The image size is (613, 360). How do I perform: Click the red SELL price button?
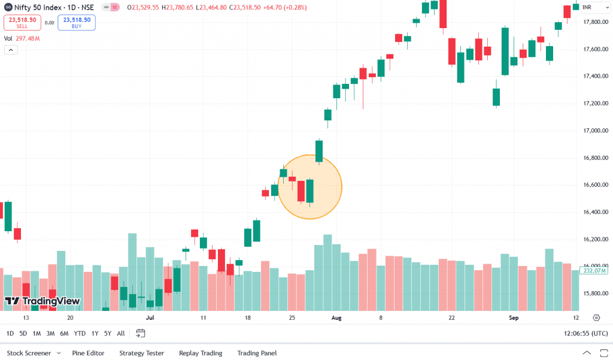point(22,23)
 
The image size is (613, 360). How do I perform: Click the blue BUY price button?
point(77,23)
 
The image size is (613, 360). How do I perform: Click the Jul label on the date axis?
point(150,318)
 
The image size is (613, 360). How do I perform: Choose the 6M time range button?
point(64,334)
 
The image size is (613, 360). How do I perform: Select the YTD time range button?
point(80,334)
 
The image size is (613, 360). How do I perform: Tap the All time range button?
point(121,334)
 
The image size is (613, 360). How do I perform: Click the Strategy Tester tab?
point(141,353)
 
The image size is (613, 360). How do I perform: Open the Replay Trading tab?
point(201,353)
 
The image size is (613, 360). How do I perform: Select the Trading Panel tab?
point(257,353)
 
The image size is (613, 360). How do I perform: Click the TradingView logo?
point(42,301)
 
